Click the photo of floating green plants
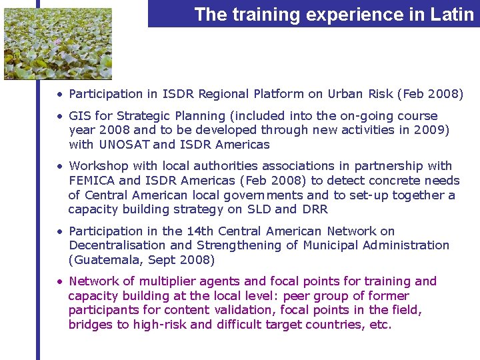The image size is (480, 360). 58,43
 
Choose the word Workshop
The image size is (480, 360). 99,166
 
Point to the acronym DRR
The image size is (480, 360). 315,210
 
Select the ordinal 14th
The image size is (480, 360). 200,231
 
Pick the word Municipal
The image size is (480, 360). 330,245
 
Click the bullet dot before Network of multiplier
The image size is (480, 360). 59,281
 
